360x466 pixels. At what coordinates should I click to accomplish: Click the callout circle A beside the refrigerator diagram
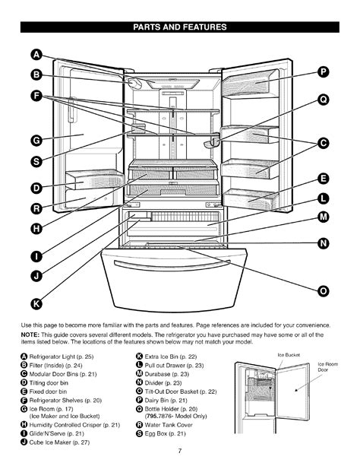click(36, 55)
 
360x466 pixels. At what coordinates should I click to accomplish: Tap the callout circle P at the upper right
click(324, 72)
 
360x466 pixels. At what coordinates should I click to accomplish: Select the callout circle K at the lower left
click(36, 304)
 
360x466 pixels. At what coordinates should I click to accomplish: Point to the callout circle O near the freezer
click(324, 291)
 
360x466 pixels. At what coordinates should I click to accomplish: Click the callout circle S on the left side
click(36, 162)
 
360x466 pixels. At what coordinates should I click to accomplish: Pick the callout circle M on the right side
click(324, 217)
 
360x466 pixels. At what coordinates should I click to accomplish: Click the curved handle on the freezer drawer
click(172, 265)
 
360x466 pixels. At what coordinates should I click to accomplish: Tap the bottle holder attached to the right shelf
click(212, 143)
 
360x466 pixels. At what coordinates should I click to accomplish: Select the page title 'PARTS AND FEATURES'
click(180, 27)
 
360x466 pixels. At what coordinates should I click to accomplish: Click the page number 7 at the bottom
click(180, 451)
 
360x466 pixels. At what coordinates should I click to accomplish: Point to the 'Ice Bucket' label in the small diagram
click(289, 355)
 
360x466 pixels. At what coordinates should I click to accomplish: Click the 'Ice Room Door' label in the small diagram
click(328, 367)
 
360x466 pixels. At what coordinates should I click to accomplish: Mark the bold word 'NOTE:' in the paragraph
click(30, 335)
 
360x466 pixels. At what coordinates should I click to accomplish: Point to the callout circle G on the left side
click(36, 140)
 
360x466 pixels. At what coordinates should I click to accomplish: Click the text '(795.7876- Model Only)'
click(175, 416)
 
